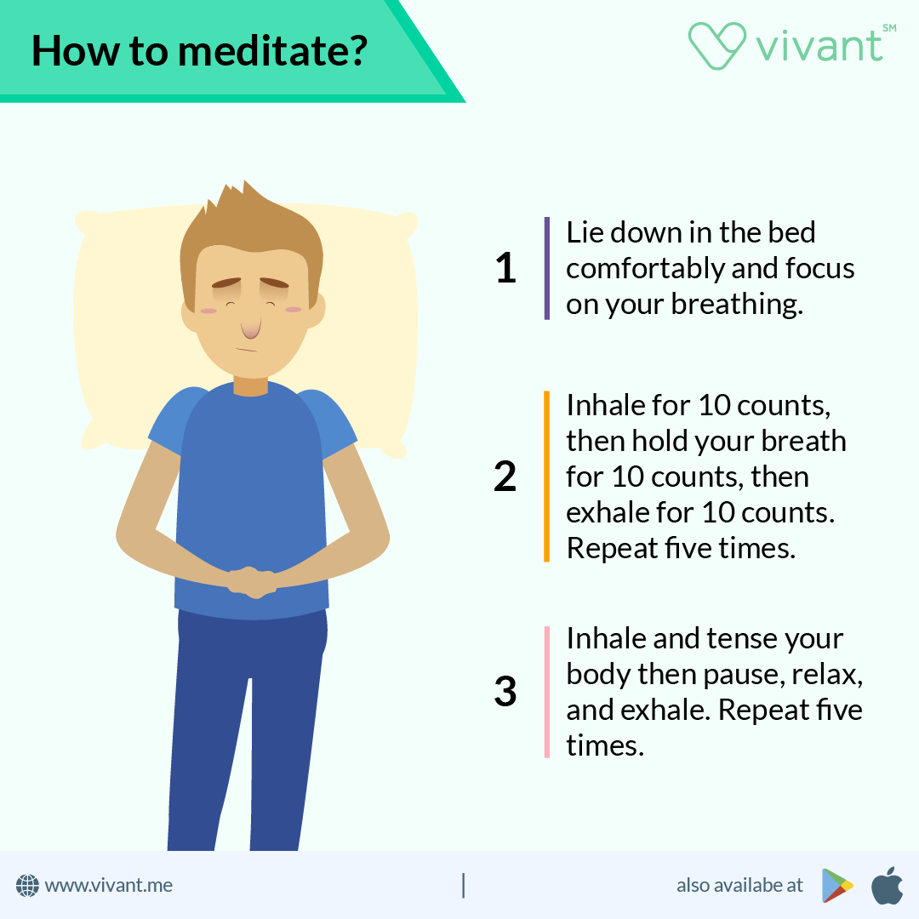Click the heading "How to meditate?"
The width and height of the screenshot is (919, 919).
tap(199, 50)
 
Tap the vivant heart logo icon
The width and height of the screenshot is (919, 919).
tap(716, 44)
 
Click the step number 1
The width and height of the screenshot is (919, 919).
tap(505, 269)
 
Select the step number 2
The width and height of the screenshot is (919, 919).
tap(505, 477)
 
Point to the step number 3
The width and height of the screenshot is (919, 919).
tap(505, 692)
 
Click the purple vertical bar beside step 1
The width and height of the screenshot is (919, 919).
tap(546, 268)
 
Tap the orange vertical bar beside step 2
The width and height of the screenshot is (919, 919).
tap(546, 477)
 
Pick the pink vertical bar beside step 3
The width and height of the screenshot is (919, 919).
tap(546, 692)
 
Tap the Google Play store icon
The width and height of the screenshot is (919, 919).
tap(837, 886)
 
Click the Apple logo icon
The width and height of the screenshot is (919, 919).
tap(886, 885)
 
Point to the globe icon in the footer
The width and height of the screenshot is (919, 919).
tap(28, 886)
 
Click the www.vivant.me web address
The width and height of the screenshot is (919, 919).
tap(108, 886)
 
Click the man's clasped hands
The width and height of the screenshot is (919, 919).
tap(251, 581)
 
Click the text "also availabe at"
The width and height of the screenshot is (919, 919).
tap(739, 886)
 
